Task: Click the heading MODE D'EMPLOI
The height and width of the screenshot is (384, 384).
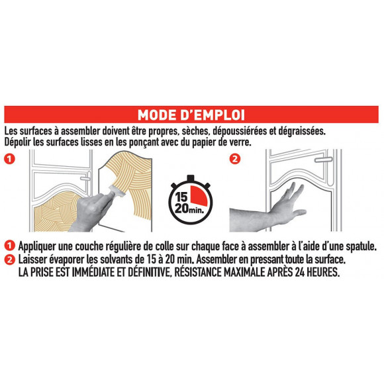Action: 192,113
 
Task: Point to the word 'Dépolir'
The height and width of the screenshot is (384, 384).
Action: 21,142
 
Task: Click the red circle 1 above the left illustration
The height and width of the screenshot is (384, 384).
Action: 10,160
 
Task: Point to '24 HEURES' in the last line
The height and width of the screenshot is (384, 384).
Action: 312,271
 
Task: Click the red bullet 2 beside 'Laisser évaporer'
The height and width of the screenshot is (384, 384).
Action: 9,260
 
